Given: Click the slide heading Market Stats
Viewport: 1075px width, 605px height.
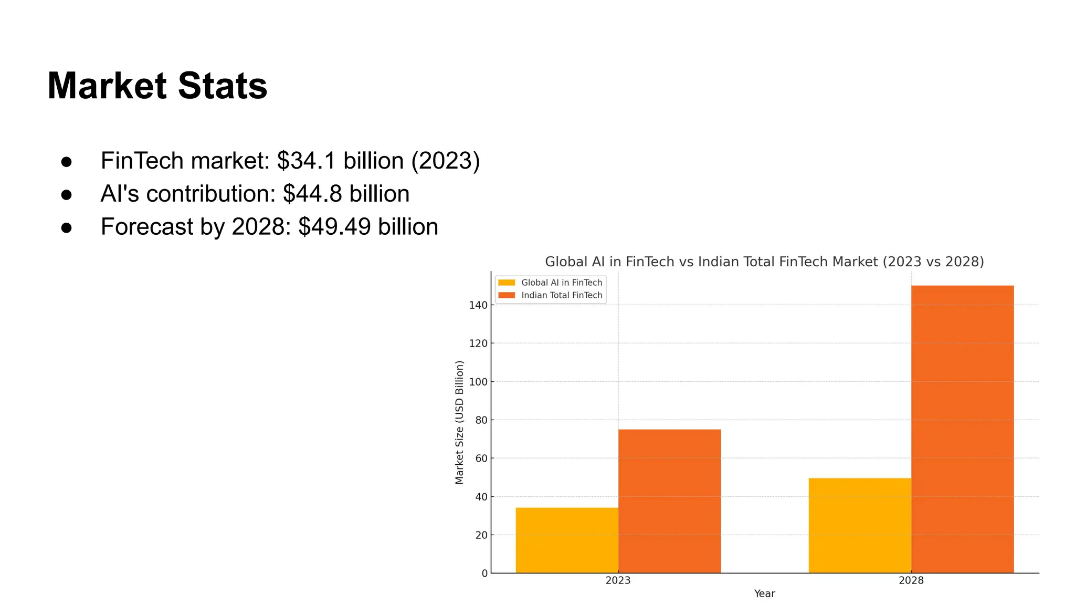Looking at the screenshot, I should (x=157, y=86).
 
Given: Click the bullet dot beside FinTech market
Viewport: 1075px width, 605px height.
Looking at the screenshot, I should (x=66, y=161).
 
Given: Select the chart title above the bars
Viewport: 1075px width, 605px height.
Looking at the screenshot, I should (x=764, y=262).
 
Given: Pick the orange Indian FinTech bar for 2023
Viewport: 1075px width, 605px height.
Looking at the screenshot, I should (x=669, y=501).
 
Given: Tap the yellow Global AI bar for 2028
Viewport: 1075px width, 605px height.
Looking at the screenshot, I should (x=860, y=525).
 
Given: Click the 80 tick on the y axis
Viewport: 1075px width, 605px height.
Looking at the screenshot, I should (x=480, y=420).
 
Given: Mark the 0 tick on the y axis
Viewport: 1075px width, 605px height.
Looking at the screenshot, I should (x=484, y=573).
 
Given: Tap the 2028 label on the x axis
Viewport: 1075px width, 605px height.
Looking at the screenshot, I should (x=911, y=580).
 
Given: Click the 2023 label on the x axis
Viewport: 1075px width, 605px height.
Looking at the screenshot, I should (x=618, y=580).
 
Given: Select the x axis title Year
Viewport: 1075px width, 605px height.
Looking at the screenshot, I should (x=764, y=593).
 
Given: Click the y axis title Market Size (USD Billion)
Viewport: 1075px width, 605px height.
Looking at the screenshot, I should (x=459, y=422).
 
